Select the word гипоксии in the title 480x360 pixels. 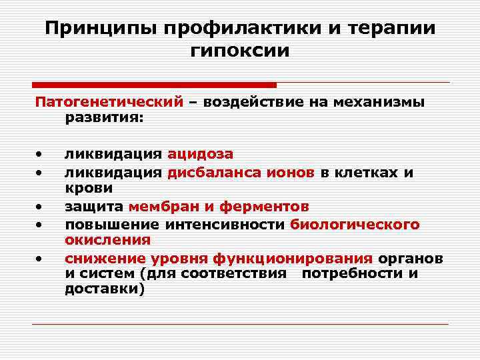click(240, 51)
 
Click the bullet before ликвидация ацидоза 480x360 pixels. click(41, 155)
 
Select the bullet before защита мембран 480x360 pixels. click(41, 207)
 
